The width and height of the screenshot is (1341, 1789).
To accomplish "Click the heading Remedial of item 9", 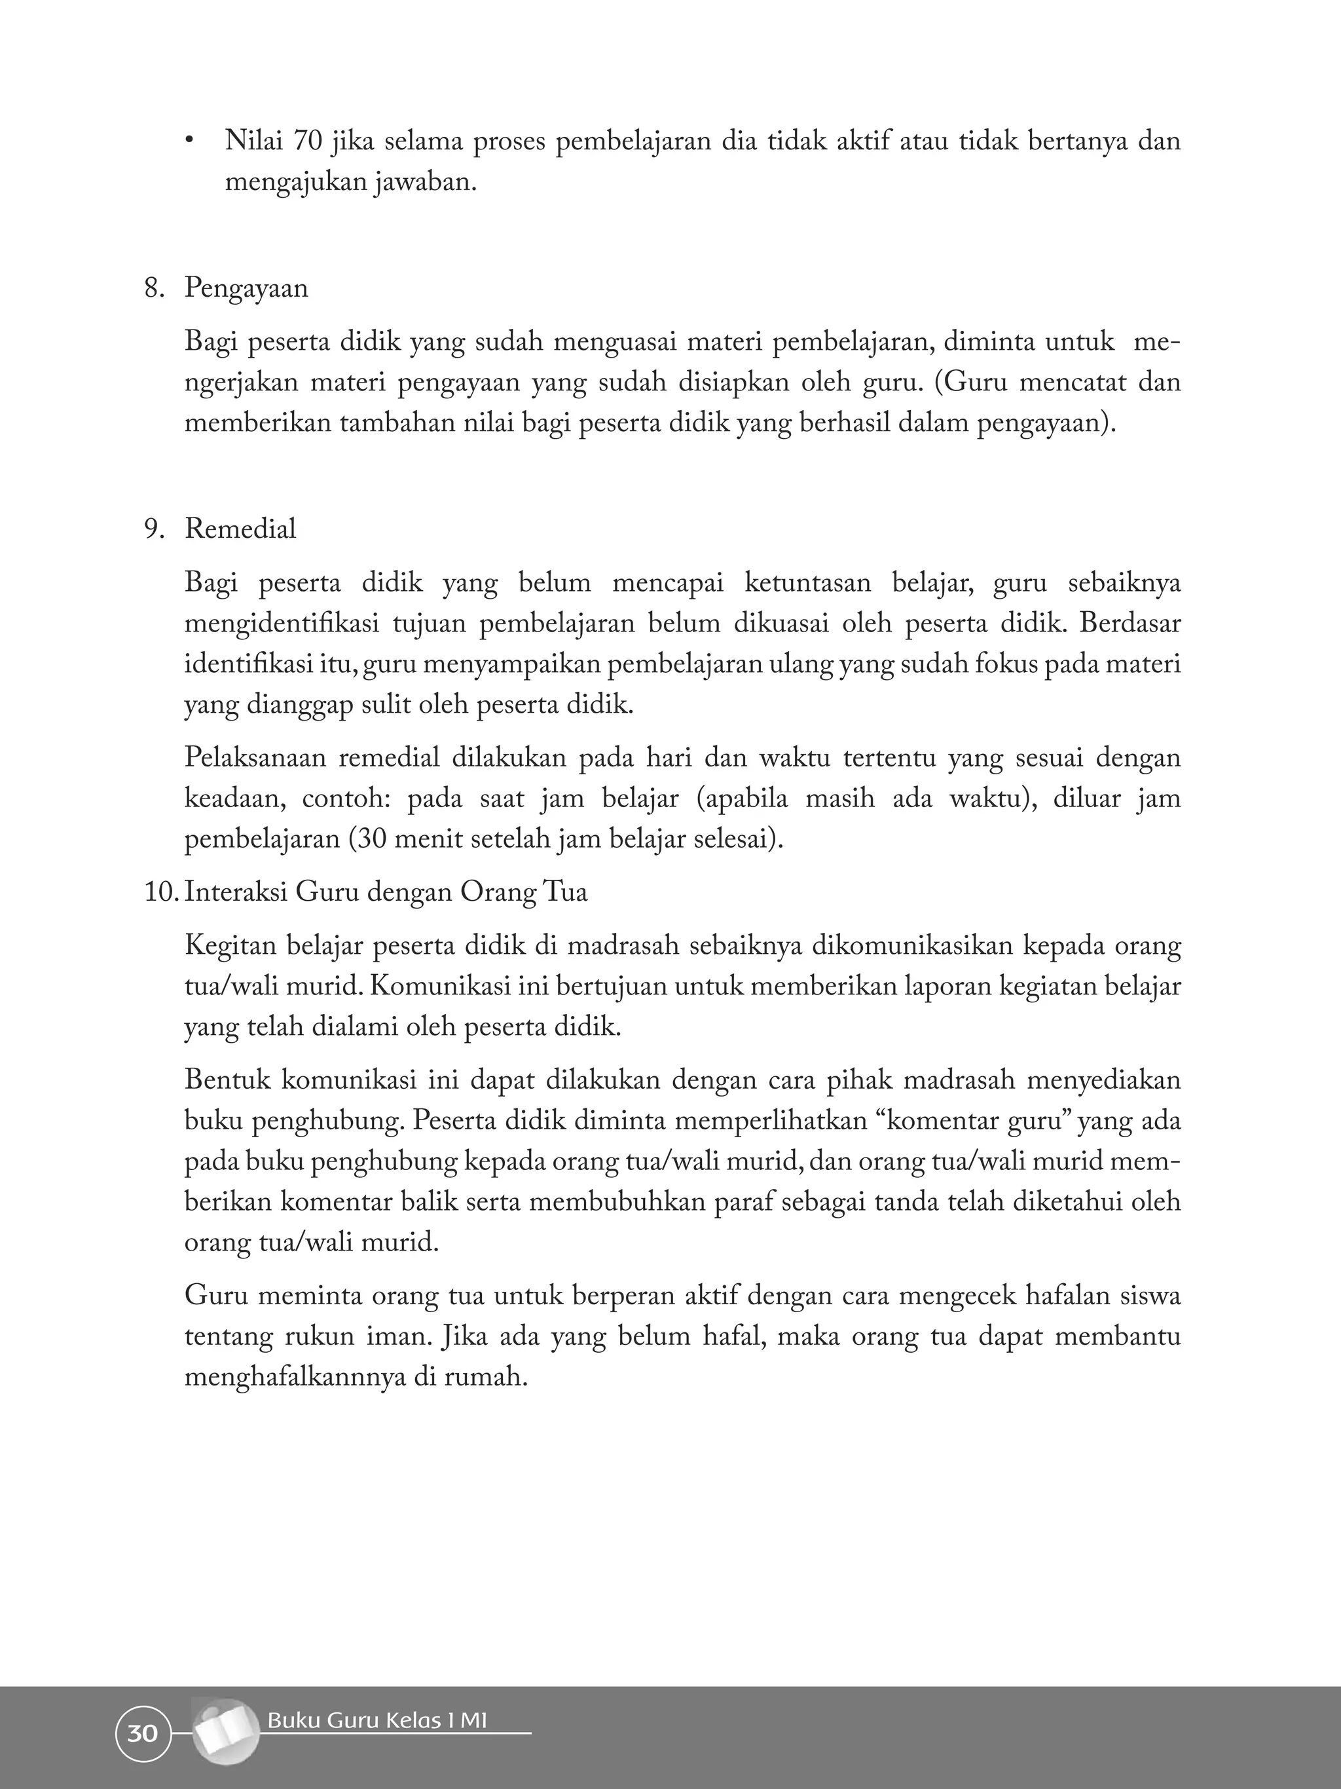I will coord(240,529).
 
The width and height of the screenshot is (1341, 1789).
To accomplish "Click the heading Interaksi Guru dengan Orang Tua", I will coord(386,893).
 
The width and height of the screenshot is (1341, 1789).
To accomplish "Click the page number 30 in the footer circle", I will coord(142,1735).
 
